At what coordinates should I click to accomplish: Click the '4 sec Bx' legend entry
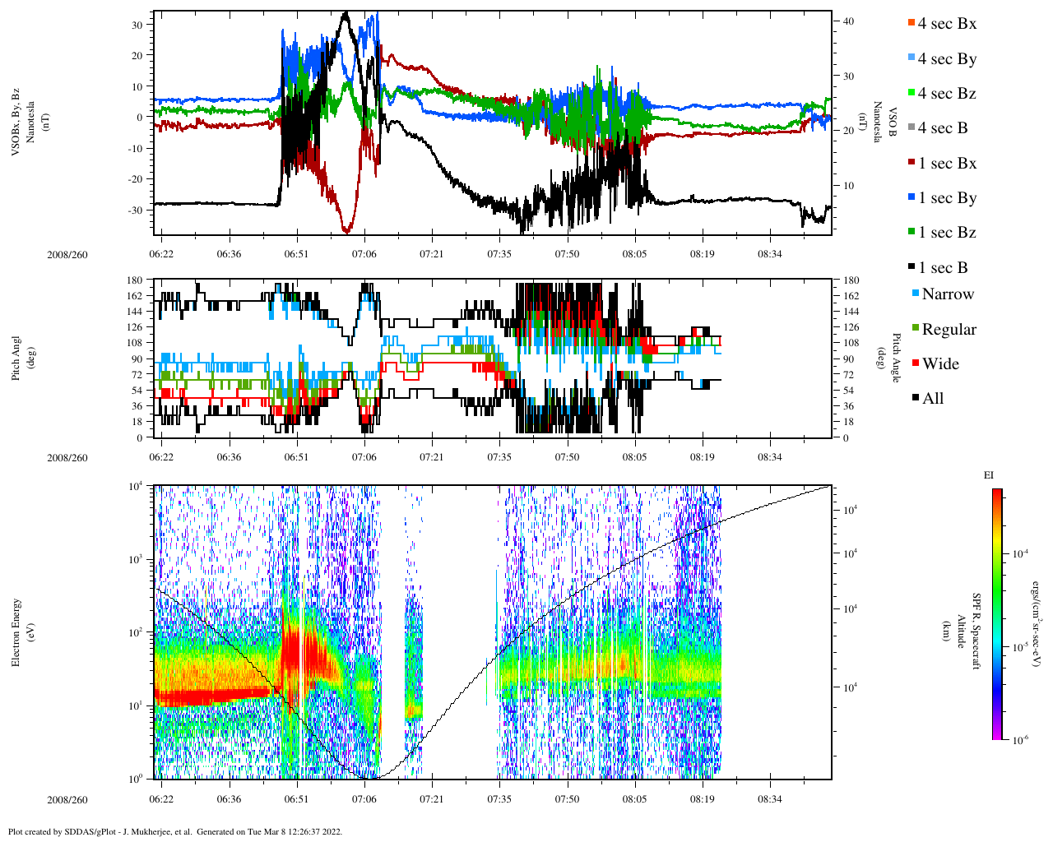[x=947, y=24]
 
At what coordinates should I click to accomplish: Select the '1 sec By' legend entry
[x=947, y=198]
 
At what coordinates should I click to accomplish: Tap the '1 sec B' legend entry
[x=943, y=268]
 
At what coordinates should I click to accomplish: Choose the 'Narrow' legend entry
[x=947, y=294]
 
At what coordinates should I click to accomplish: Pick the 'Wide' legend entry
[x=940, y=364]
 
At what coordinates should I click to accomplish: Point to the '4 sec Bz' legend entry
[x=947, y=94]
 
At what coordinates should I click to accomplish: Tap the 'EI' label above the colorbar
[x=988, y=475]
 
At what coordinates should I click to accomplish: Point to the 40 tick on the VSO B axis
[x=848, y=21]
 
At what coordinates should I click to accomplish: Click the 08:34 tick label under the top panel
[x=770, y=254]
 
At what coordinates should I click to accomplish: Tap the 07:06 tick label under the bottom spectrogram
[x=364, y=799]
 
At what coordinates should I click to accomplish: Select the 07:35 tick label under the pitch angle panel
[x=499, y=456]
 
